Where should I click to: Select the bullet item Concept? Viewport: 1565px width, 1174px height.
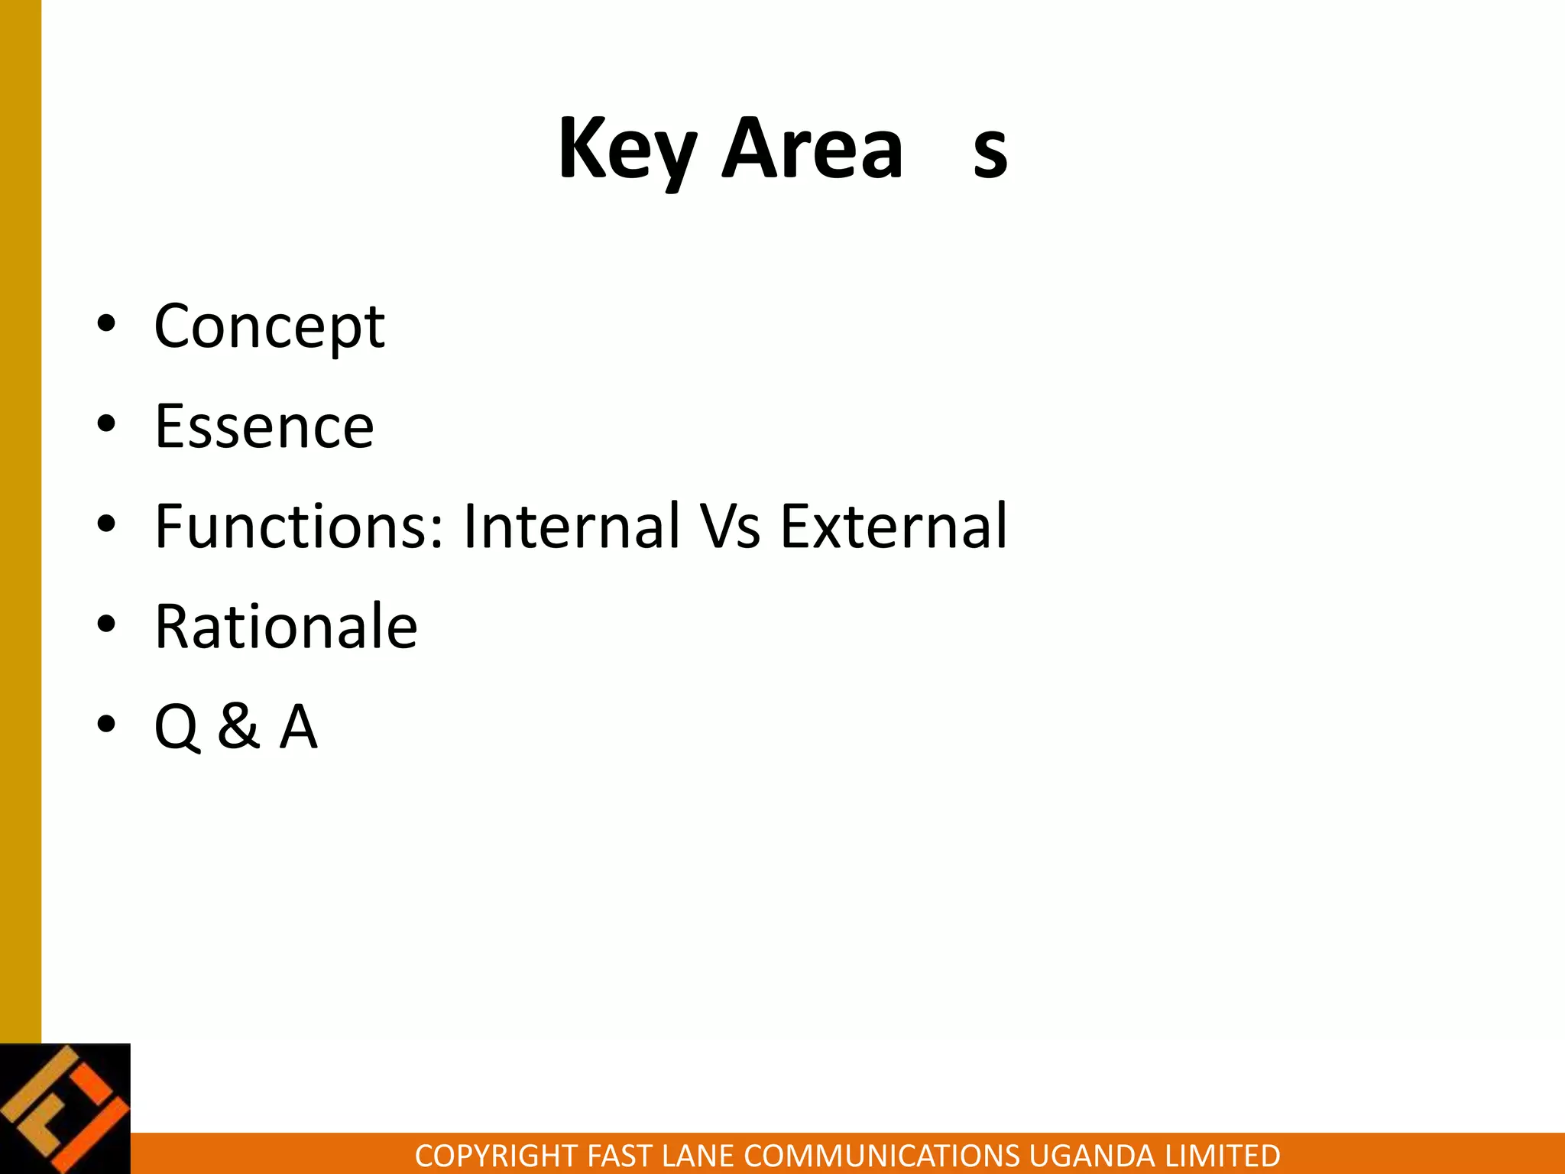tap(269, 326)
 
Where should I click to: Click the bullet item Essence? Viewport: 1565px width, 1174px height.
tap(264, 426)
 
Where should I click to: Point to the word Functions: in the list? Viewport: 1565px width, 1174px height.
tap(299, 527)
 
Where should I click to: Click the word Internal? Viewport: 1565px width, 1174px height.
tap(571, 527)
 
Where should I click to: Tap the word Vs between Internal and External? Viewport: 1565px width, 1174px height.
tap(731, 527)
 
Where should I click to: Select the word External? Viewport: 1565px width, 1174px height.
tap(893, 527)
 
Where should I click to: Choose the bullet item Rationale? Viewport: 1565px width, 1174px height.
tap(286, 627)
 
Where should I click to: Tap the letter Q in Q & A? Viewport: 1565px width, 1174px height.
tap(177, 727)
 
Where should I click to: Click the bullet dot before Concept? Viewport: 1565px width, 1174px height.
tap(106, 324)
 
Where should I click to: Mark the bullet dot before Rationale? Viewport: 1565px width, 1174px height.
tap(106, 624)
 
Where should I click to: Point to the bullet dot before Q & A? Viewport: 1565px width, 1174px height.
tap(106, 724)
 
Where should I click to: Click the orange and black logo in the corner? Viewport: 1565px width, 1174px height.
tap(65, 1108)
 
